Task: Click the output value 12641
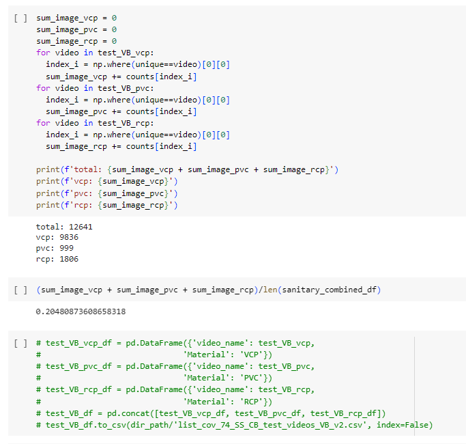click(81, 227)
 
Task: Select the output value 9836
click(69, 237)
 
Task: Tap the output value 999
click(67, 248)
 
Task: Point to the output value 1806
click(69, 259)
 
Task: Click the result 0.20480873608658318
click(81, 311)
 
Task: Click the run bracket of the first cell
click(20, 18)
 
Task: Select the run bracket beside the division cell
click(20, 290)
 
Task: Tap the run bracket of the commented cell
click(20, 343)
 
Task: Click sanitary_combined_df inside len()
click(330, 290)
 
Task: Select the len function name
click(270, 290)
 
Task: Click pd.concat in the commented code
click(128, 413)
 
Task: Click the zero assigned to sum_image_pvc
click(114, 30)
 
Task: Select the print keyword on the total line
click(48, 169)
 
